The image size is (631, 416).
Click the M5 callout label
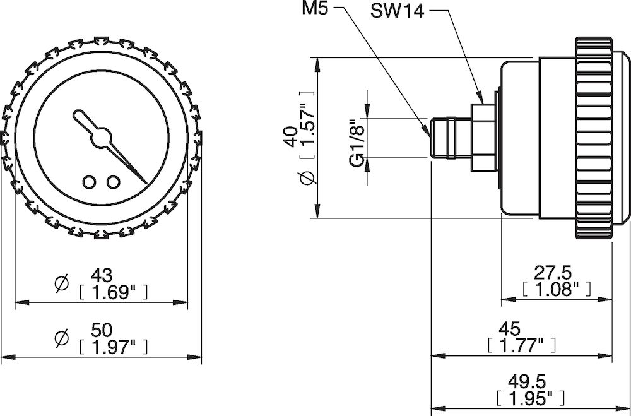(x=315, y=9)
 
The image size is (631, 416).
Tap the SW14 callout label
(x=398, y=11)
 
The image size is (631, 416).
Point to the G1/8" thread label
(x=357, y=143)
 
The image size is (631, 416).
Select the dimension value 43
(x=102, y=275)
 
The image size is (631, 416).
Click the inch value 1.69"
(x=114, y=292)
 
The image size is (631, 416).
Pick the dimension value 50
(x=102, y=330)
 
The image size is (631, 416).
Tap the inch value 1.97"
(x=114, y=347)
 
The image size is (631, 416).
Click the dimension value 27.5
(x=553, y=273)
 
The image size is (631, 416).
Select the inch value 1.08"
(x=557, y=288)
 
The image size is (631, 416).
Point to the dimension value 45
(x=510, y=329)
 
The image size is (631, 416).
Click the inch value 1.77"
(x=522, y=345)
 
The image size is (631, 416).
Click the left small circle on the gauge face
(x=90, y=182)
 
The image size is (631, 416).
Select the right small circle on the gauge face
(x=113, y=182)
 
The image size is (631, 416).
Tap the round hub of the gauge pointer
(x=100, y=138)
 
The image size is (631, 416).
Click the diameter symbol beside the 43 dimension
(x=62, y=284)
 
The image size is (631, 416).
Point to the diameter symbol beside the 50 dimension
(x=62, y=338)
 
